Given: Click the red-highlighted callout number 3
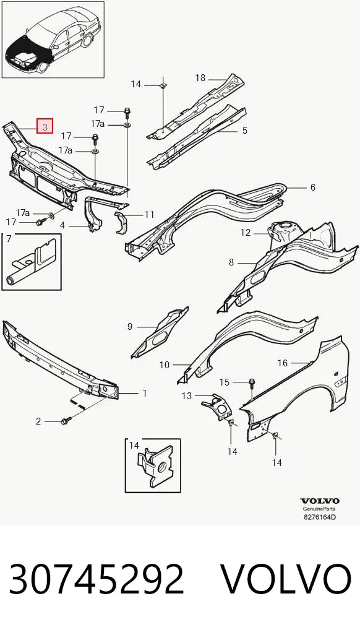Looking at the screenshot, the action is click(x=45, y=127).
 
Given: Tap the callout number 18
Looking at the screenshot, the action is click(x=200, y=78).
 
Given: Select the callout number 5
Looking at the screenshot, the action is click(x=245, y=131).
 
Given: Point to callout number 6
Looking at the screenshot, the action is click(x=312, y=188).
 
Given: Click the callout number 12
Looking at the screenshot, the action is click(x=246, y=233).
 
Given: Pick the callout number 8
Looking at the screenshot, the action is click(x=231, y=262).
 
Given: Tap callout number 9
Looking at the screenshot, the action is click(x=129, y=327).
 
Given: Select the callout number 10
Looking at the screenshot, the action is click(x=165, y=365).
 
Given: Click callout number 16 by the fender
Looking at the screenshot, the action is click(x=283, y=363).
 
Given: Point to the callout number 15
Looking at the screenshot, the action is click(x=224, y=382).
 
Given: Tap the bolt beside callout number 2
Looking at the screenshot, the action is click(x=66, y=421).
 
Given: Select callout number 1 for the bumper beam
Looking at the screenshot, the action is click(x=145, y=394).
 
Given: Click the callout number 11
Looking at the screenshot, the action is click(x=149, y=215).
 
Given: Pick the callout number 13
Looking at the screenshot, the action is click(x=187, y=396).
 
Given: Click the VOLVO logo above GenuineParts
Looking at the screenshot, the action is click(x=320, y=501).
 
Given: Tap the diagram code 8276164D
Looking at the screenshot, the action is click(x=319, y=517).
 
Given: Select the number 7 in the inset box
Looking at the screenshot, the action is click(x=9, y=240).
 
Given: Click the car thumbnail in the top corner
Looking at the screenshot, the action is click(x=53, y=40).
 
